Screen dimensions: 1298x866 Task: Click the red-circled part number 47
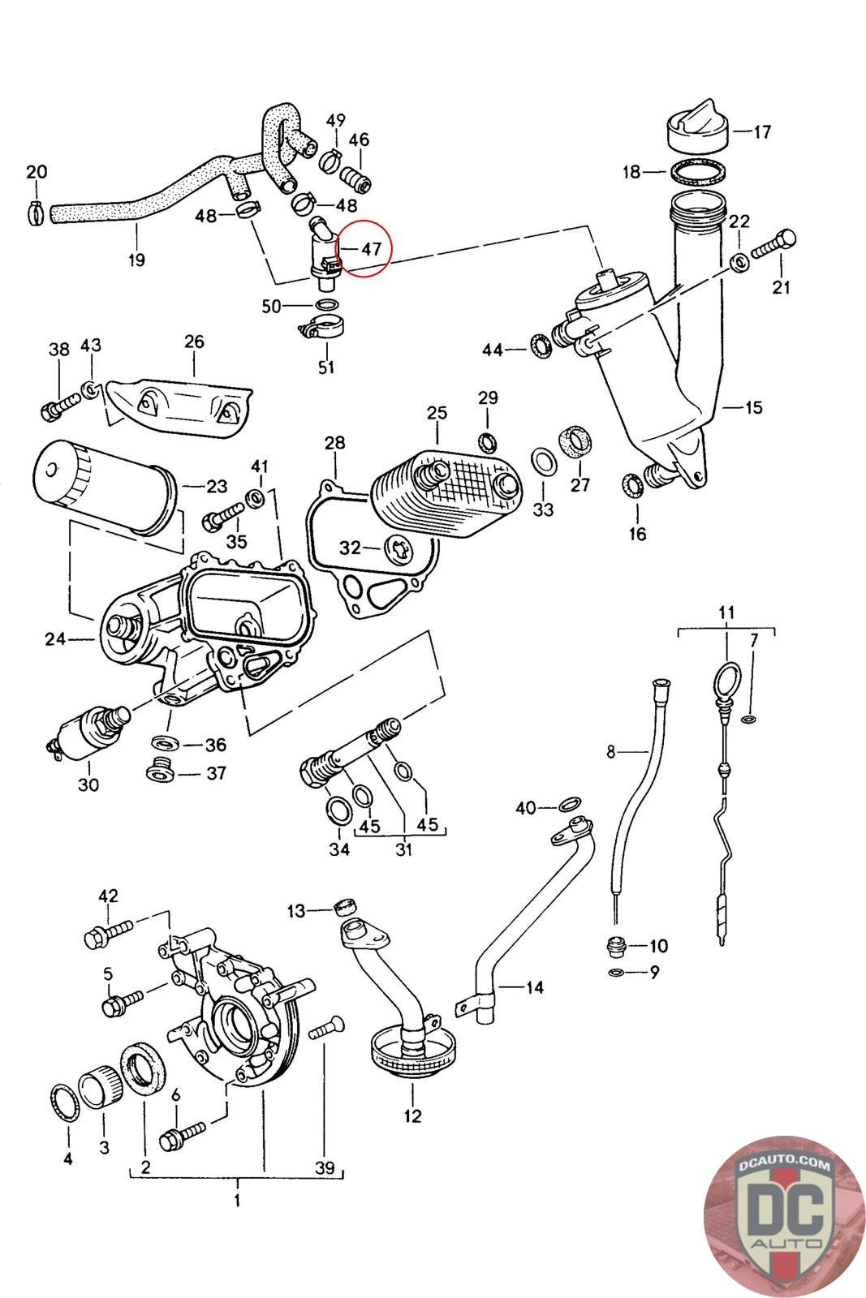point(371,248)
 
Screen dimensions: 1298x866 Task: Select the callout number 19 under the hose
point(136,260)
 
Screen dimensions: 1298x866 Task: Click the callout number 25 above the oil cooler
point(437,413)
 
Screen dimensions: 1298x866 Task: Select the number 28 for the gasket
point(334,443)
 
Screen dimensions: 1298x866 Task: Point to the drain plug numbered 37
point(158,771)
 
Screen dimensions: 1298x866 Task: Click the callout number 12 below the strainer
point(412,1115)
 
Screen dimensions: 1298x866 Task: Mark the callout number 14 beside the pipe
point(534,987)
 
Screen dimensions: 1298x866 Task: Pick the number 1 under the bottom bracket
point(237,1199)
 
